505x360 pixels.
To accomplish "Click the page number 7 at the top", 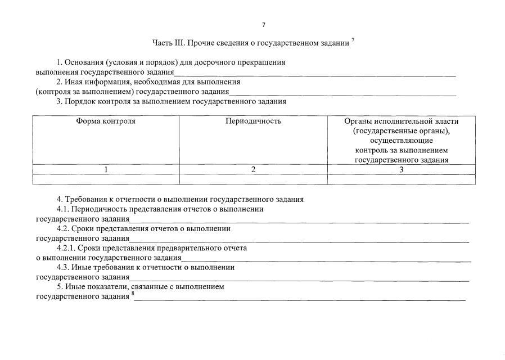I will (x=263, y=25).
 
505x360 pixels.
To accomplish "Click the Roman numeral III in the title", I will (x=179, y=43).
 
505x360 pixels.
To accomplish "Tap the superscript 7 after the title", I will (x=353, y=40).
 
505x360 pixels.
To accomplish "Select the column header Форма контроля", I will (x=106, y=121).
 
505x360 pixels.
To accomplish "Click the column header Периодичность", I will (x=253, y=121).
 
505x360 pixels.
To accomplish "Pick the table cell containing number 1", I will (x=106, y=169).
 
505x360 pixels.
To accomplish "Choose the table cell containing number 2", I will (x=253, y=169).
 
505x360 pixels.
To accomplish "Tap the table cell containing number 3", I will (x=401, y=169).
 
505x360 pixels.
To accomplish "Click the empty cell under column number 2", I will (x=253, y=179).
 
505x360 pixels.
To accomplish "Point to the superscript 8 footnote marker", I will (x=133, y=294).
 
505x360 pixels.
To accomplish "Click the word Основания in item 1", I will (x=84, y=62).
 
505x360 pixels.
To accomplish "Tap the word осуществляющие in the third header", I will (x=401, y=141).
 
